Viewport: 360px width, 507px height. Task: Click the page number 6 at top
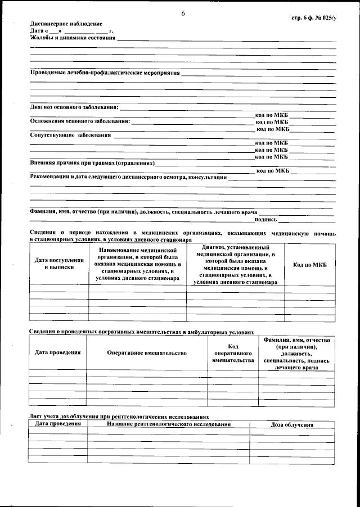(x=183, y=13)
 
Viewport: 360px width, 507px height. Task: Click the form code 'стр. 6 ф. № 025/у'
(x=313, y=18)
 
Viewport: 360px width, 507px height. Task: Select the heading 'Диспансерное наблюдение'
(x=66, y=24)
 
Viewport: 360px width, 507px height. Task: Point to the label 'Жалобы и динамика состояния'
(x=73, y=38)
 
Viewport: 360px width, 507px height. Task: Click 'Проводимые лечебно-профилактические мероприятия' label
(x=104, y=73)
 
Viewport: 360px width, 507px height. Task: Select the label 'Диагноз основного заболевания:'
(x=74, y=107)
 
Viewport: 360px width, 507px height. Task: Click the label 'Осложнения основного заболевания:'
(x=79, y=121)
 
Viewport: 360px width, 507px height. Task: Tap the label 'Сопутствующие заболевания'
(x=70, y=135)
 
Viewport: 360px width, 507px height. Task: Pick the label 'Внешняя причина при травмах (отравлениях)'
(x=92, y=164)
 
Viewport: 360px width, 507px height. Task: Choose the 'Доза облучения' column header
(x=292, y=425)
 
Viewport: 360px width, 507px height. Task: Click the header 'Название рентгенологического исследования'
(x=169, y=423)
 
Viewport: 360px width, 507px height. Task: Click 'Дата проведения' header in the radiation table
(x=58, y=423)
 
